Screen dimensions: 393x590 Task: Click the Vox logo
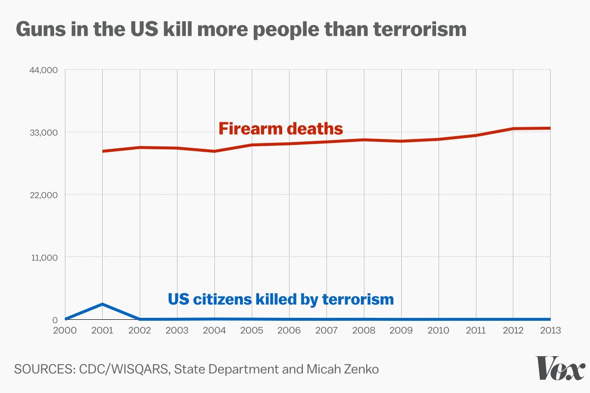(x=560, y=368)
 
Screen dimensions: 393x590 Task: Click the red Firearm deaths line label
(x=280, y=129)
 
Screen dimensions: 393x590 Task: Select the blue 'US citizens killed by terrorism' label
(x=281, y=299)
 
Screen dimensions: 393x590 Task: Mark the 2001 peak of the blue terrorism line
(x=102, y=304)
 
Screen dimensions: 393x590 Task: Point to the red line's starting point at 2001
(x=103, y=151)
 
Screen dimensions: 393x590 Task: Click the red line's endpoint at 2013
(x=550, y=128)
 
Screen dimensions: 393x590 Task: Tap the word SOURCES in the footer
(x=42, y=369)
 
